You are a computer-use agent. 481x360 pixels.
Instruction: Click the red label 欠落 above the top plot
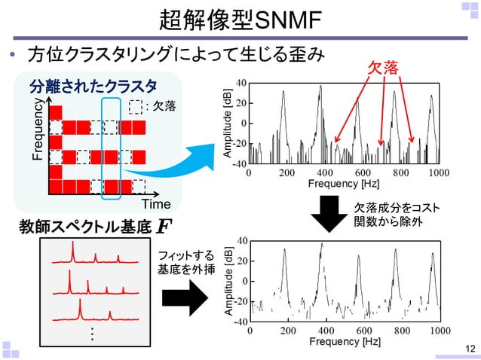coord(383,69)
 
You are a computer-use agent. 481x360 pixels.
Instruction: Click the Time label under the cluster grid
coord(157,204)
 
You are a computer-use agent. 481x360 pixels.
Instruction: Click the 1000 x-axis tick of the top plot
coord(438,172)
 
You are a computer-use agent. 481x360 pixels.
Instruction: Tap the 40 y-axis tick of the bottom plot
coord(241,241)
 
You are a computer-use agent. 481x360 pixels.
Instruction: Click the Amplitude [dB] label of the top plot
coord(227,123)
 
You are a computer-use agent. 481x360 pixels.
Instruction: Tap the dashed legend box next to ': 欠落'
coord(135,106)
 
